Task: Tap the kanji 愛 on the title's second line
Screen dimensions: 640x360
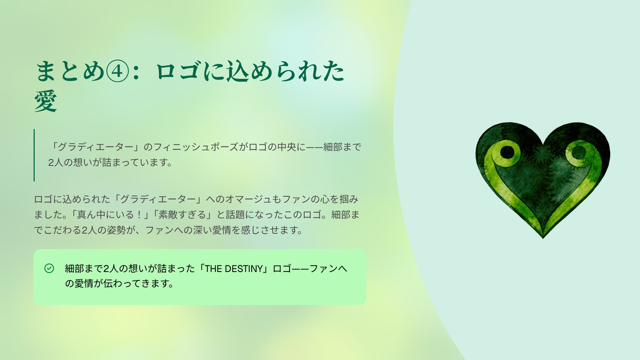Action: [46, 101]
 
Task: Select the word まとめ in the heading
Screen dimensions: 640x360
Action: [69, 71]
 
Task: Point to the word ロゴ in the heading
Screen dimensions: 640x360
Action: [178, 71]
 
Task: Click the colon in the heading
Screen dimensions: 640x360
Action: [137, 72]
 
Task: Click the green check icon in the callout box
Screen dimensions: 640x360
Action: [49, 268]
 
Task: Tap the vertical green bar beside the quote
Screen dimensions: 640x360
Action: [34, 155]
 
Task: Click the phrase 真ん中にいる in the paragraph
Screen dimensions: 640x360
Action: [106, 214]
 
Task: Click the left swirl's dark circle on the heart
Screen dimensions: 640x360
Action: [507, 151]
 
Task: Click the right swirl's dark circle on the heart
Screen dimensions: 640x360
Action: [579, 153]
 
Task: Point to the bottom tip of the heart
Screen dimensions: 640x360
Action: [543, 238]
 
